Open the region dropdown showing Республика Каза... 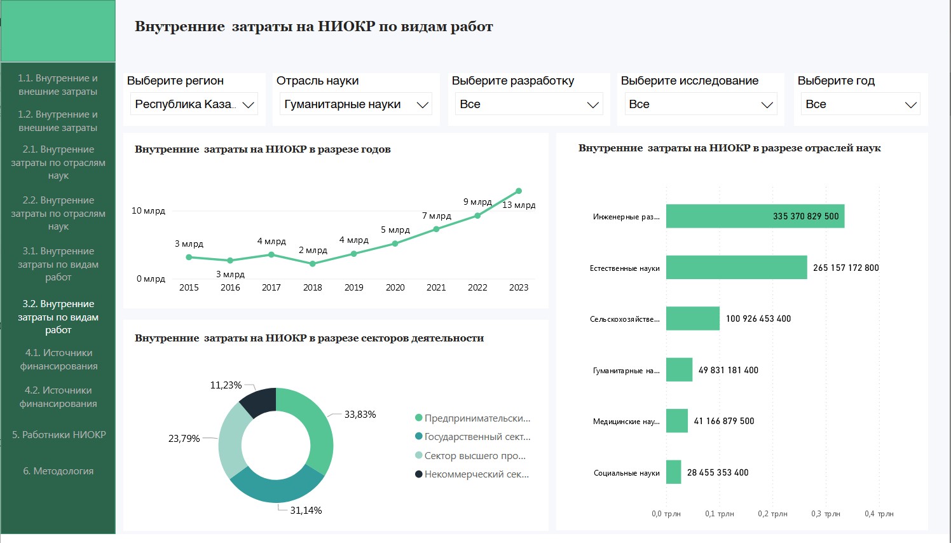tap(194, 104)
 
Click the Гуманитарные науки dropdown tap(356, 104)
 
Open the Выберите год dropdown tap(860, 104)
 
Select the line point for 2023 tap(519, 191)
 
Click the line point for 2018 tap(313, 263)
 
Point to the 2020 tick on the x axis tap(395, 287)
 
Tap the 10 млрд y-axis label tap(148, 210)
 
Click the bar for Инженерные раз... tap(755, 216)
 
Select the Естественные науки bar tap(736, 268)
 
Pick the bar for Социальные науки tap(673, 472)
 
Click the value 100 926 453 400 tap(758, 319)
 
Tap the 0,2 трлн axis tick tap(772, 514)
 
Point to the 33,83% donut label tap(360, 415)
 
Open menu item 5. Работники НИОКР tap(58, 435)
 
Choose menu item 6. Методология tap(58, 471)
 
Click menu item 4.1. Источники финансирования tap(58, 359)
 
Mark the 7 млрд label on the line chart tap(436, 216)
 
